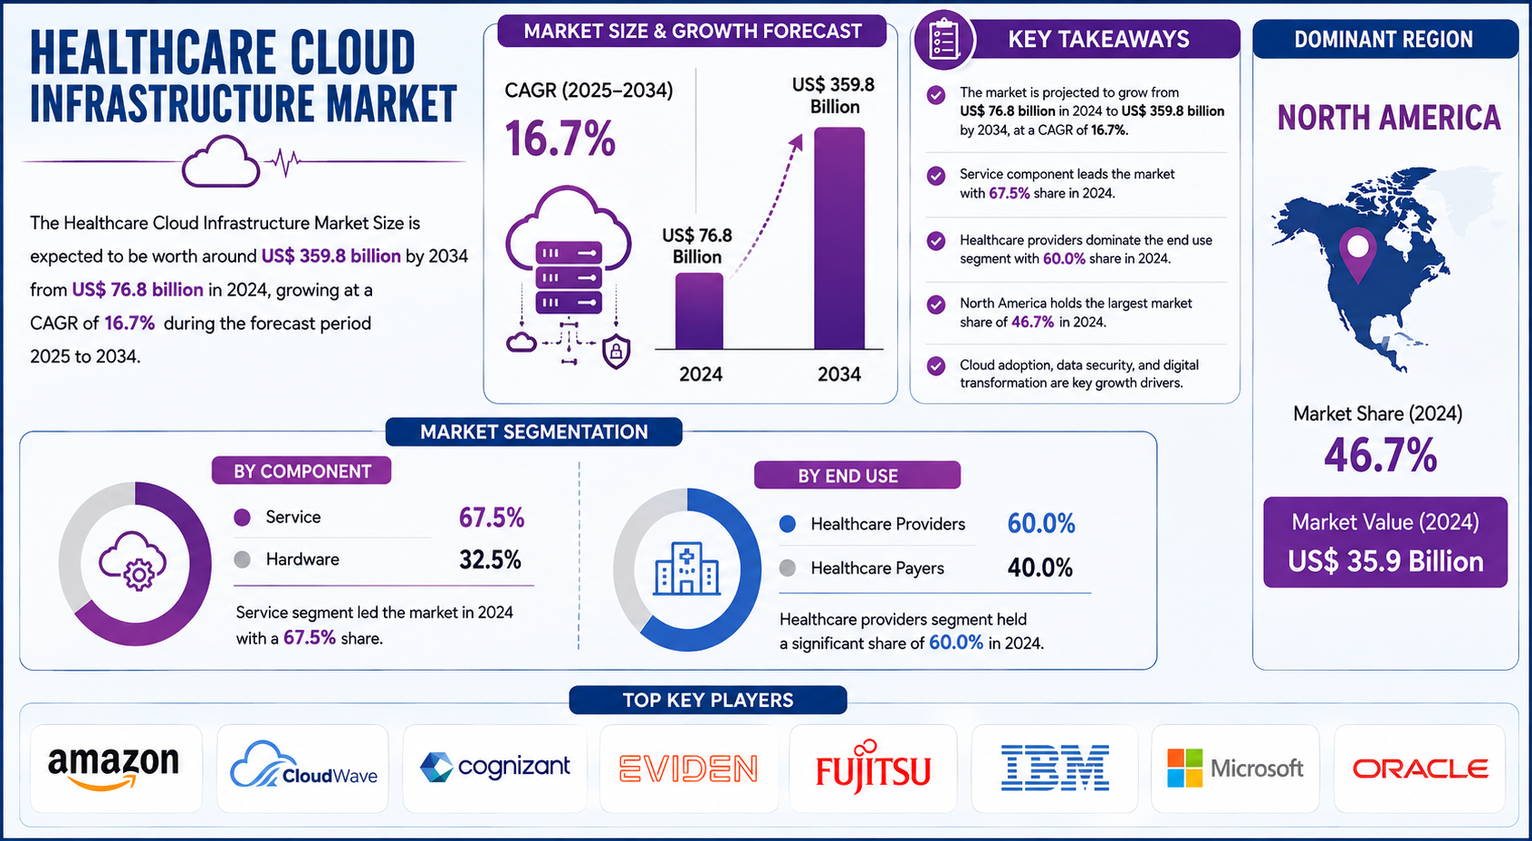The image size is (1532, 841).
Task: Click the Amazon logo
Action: tap(113, 768)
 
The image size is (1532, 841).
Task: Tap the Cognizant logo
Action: tap(494, 767)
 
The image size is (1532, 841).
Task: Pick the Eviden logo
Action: tap(689, 768)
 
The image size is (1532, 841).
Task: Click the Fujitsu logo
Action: tap(873, 767)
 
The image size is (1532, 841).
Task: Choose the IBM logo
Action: tap(1055, 768)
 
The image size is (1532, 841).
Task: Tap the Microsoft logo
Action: tap(1235, 768)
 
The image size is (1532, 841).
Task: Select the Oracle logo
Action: tap(1420, 769)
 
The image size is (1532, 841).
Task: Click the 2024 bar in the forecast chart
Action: tap(699, 311)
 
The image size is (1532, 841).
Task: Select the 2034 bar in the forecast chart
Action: tap(839, 238)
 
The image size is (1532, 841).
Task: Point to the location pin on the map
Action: tap(1357, 255)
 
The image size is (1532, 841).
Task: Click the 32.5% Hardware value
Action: tap(490, 560)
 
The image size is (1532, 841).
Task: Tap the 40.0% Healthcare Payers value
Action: tap(1039, 568)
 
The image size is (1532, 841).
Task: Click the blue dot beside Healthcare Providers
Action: tap(788, 524)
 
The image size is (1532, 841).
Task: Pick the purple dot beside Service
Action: tap(242, 518)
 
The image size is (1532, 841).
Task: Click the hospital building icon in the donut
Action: tap(686, 569)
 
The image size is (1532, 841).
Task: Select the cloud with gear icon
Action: tap(133, 560)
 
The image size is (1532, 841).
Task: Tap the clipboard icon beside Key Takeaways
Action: tap(943, 40)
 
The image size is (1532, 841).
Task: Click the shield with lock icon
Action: tap(616, 351)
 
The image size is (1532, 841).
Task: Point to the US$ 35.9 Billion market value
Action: tap(1385, 561)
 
